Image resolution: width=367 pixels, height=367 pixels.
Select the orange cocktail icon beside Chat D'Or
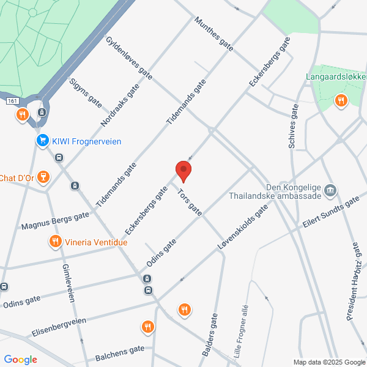[42, 178]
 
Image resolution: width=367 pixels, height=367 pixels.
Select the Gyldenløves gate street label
[128, 61]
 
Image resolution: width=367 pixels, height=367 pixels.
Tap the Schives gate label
[292, 126]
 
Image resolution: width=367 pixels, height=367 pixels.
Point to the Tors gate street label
[188, 201]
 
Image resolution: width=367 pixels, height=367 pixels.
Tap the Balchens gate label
[120, 352]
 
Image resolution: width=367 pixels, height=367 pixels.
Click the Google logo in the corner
[21, 359]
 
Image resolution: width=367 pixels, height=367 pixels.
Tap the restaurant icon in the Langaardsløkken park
[341, 100]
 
